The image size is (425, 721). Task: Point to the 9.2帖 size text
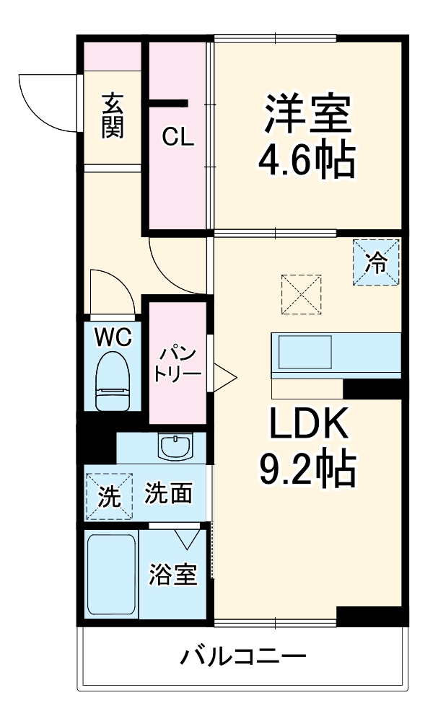click(309, 470)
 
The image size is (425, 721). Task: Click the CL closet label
click(178, 137)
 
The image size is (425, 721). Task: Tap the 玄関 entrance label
click(113, 115)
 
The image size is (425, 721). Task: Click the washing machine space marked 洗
click(110, 495)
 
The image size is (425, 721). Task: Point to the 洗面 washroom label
click(168, 494)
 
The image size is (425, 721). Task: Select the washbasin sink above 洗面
click(175, 448)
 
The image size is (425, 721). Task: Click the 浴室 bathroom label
click(173, 575)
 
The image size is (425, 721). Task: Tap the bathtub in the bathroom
click(111, 574)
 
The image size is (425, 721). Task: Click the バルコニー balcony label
click(243, 657)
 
